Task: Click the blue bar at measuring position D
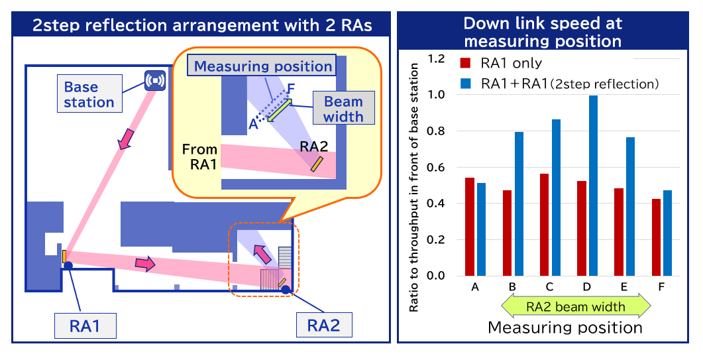(x=593, y=186)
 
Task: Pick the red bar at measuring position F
(x=656, y=237)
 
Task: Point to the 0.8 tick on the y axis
(x=438, y=131)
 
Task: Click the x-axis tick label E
(x=625, y=286)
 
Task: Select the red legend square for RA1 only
(x=466, y=64)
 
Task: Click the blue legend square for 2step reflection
(x=466, y=84)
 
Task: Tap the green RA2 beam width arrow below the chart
(x=576, y=306)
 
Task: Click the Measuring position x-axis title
(x=565, y=328)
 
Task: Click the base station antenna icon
(x=154, y=80)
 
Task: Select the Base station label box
(x=89, y=94)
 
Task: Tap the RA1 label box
(x=85, y=326)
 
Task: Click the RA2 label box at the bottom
(x=323, y=326)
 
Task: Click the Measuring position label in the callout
(x=263, y=66)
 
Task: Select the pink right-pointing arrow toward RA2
(x=146, y=264)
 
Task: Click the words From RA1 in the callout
(x=199, y=158)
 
